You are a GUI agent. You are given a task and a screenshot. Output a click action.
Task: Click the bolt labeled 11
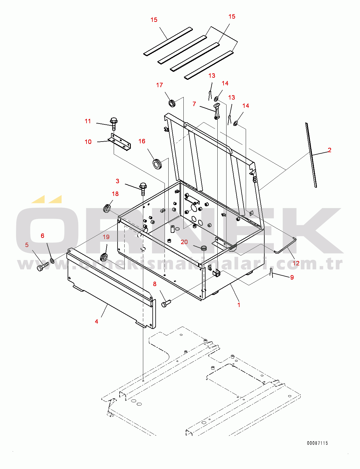[x=113, y=124]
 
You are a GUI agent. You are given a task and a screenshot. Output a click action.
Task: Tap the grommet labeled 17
[x=172, y=103]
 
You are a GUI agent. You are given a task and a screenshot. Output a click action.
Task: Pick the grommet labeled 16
[x=157, y=164]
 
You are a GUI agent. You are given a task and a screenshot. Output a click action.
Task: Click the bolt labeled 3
[x=143, y=189]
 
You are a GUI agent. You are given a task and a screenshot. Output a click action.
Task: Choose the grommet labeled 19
[x=104, y=257]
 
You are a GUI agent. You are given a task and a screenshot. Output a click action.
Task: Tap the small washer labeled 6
[x=52, y=261]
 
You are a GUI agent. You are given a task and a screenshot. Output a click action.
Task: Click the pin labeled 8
[x=166, y=303]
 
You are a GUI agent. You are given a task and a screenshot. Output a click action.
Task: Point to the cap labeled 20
[x=203, y=248]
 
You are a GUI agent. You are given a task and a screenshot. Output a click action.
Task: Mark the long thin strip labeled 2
[x=311, y=155]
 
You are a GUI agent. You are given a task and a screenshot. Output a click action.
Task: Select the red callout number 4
[x=96, y=321]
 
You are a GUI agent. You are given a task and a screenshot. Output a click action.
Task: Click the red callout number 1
[x=239, y=305]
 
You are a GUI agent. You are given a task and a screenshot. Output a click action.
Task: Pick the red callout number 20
[x=184, y=242]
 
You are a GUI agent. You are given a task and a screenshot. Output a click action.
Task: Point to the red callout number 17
[x=159, y=85]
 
